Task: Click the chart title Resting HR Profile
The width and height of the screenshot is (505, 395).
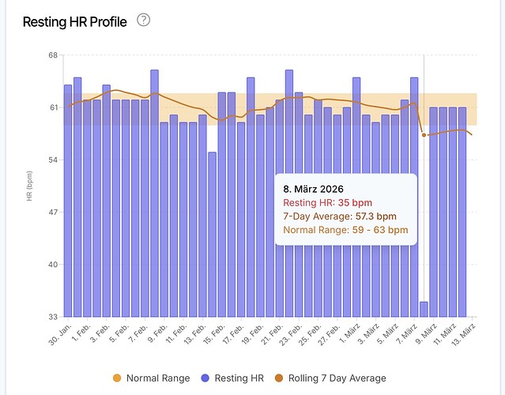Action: [x=74, y=22]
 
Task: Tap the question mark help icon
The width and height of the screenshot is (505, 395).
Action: [x=143, y=21]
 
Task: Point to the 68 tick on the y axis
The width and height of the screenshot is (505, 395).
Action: [x=52, y=55]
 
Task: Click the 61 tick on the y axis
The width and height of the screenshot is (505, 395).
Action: [x=52, y=107]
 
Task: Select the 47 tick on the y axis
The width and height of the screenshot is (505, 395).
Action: [x=52, y=213]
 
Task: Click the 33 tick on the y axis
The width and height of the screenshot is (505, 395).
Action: [x=52, y=317]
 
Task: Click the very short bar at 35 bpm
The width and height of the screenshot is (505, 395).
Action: [x=424, y=309]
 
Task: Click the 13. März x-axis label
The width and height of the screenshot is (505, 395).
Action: [x=464, y=333]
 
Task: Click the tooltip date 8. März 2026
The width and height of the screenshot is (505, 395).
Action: [x=315, y=190]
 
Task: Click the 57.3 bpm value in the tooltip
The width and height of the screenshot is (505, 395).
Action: [x=376, y=216]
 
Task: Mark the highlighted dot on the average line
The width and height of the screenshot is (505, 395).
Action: [x=424, y=135]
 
